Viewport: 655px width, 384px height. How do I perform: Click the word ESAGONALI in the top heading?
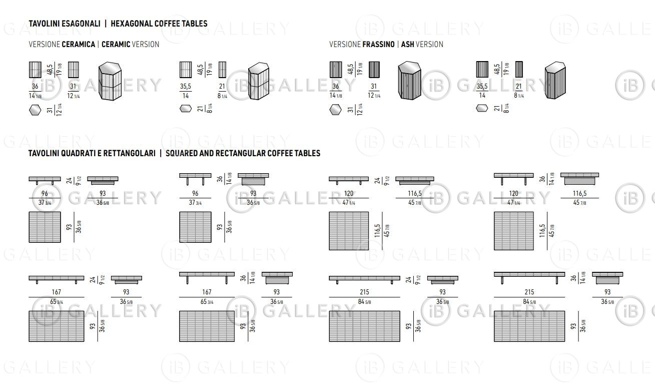click(81, 24)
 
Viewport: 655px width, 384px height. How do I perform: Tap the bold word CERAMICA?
click(79, 45)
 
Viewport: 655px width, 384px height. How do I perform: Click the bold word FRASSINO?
click(378, 45)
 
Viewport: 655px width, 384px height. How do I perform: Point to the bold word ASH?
click(408, 45)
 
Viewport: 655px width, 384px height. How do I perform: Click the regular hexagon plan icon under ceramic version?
click(35, 110)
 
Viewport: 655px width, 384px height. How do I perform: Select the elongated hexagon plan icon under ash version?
click(482, 109)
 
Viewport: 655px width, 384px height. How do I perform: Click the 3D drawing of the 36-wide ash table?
click(409, 81)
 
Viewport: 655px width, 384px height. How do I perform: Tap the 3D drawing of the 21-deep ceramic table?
click(259, 81)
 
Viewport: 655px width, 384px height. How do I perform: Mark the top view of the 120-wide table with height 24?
click(349, 231)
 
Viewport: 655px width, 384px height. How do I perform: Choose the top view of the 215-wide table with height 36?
click(529, 326)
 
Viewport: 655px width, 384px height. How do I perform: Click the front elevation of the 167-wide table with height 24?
click(57, 279)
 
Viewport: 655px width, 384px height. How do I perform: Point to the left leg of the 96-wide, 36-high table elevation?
click(188, 181)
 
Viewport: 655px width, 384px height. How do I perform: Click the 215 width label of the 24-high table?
click(364, 292)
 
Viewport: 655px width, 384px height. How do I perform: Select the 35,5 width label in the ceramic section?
click(185, 86)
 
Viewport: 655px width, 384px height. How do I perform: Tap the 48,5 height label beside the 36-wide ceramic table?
click(50, 70)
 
